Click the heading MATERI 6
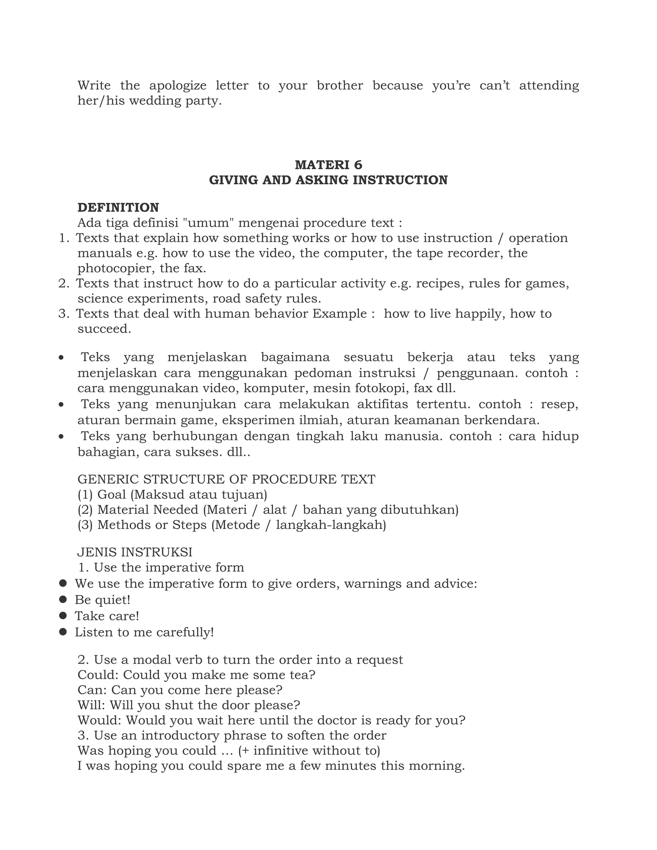click(328, 165)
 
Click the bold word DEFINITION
click(118, 208)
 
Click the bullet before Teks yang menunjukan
click(61, 405)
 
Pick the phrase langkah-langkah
click(331, 525)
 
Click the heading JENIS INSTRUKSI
click(135, 552)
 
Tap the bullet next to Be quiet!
click(63, 599)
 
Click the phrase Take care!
click(107, 616)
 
